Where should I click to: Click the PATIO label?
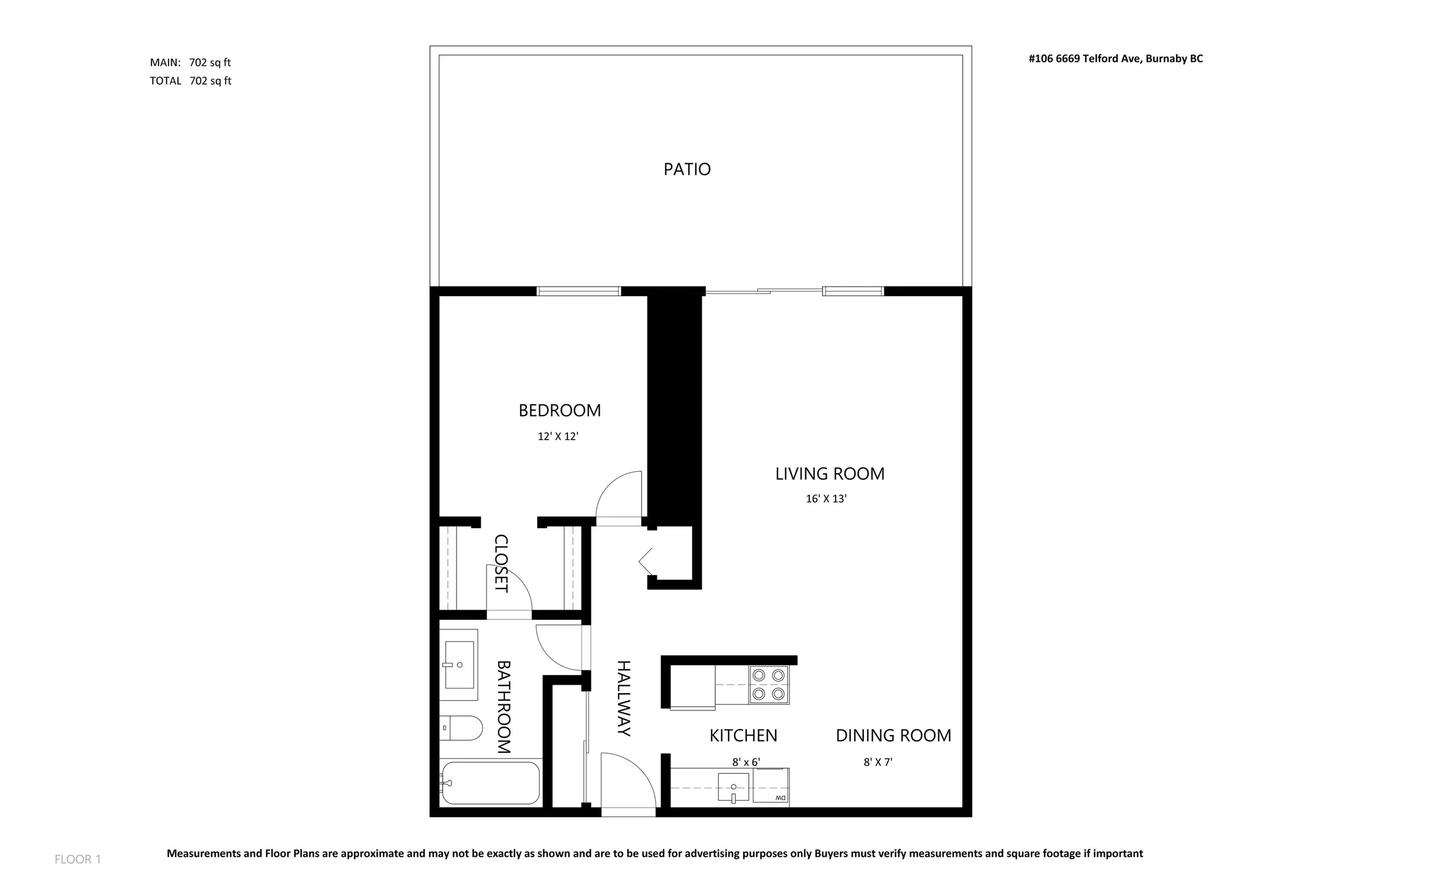click(687, 169)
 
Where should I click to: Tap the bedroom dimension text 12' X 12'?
click(558, 436)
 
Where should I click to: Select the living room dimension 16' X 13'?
click(826, 498)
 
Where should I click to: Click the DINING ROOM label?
click(893, 736)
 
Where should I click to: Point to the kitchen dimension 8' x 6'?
click(745, 762)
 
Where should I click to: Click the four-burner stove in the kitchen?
click(769, 685)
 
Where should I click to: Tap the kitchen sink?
click(733, 788)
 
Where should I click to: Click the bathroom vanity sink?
click(459, 665)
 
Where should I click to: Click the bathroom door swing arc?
click(559, 648)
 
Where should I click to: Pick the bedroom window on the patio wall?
click(578, 291)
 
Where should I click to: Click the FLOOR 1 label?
click(78, 859)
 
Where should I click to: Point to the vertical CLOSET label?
click(501, 563)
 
